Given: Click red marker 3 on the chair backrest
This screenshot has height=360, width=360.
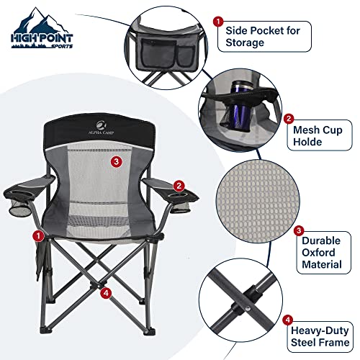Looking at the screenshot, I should [117, 162].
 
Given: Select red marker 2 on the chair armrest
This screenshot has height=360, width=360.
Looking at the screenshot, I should [179, 186].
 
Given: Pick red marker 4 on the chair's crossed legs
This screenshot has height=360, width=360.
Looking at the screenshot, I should [106, 292].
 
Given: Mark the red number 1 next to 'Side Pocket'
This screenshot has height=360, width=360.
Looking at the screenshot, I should [218, 22].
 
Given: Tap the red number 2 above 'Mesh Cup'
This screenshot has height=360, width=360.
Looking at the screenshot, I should [289, 118].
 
